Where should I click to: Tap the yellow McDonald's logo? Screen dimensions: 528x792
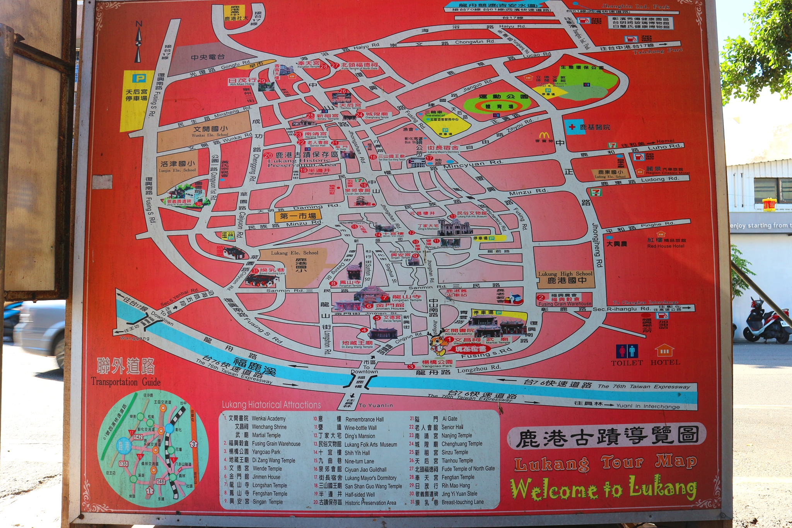(544, 135)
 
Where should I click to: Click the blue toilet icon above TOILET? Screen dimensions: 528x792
(626, 351)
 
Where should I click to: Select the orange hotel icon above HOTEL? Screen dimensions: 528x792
(664, 350)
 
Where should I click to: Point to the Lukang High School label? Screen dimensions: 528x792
(565, 273)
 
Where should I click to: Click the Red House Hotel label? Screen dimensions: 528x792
(666, 246)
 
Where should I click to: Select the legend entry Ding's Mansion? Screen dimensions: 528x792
(360, 436)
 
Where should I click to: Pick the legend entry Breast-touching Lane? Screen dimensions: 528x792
(463, 502)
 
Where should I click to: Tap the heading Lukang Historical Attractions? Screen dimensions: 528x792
(271, 405)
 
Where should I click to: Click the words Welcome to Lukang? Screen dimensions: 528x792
(603, 488)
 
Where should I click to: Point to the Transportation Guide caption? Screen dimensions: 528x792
(126, 382)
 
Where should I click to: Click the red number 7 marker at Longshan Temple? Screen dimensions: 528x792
(384, 298)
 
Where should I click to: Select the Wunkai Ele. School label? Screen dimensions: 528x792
(210, 135)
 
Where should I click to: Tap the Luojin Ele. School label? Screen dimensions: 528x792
(178, 170)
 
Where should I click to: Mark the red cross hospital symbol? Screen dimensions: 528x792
(572, 127)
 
